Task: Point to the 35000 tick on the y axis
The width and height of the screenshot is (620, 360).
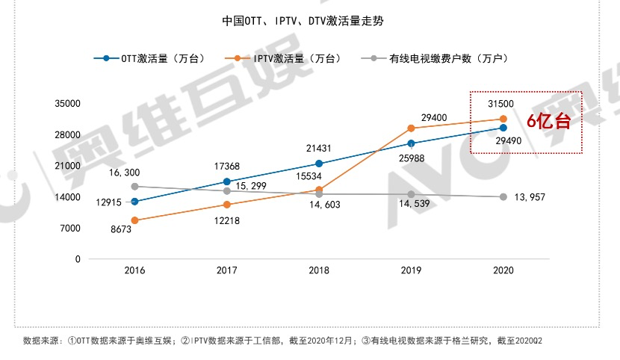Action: pos(67,104)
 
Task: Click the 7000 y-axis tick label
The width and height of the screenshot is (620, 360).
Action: pos(70,229)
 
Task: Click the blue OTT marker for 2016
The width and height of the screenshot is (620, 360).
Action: pos(134,202)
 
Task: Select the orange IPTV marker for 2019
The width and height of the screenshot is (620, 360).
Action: pos(411,128)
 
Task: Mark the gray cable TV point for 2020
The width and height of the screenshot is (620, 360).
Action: pos(503,197)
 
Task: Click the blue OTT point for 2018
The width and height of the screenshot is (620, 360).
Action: pos(319,164)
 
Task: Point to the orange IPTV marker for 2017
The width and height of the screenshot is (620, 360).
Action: pos(227,205)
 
